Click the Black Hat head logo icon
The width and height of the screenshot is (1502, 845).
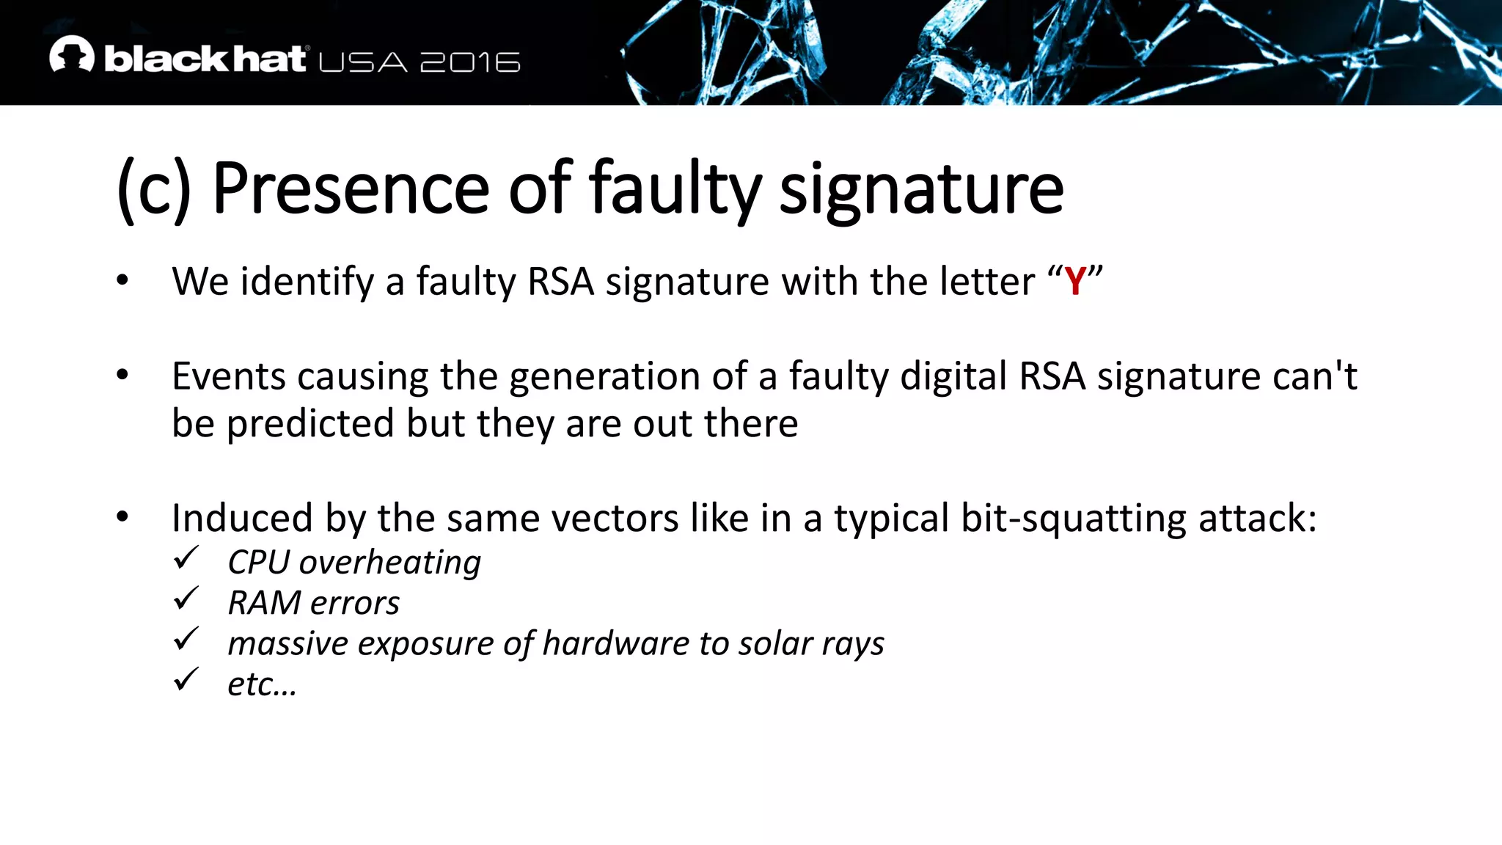pos(72,54)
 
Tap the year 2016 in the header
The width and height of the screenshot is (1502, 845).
pos(470,62)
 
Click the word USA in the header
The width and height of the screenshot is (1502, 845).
pos(363,62)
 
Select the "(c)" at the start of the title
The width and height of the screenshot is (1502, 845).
pos(154,189)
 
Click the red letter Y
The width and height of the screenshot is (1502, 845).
pos(1075,282)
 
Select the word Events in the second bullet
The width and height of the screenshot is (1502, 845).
pos(229,376)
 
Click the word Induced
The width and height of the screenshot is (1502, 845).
pos(242,518)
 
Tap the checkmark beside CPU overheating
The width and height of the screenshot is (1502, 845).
pos(186,559)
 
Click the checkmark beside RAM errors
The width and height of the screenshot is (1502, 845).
pos(186,599)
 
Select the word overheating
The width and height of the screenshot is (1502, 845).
pos(389,563)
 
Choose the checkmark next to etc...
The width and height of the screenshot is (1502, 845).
pos(186,680)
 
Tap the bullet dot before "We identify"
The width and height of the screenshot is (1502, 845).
pos(122,280)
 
